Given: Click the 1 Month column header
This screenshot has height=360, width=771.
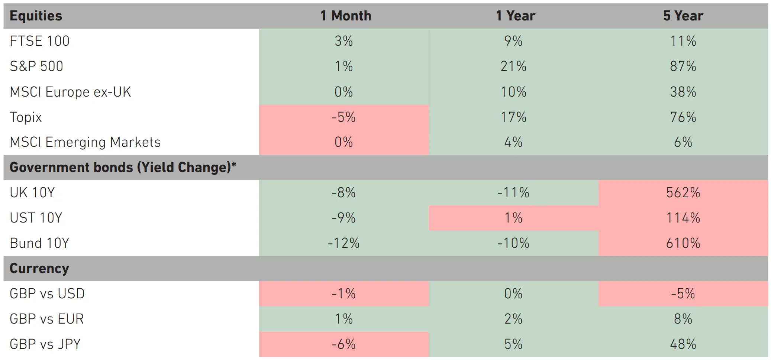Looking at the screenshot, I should click(346, 16).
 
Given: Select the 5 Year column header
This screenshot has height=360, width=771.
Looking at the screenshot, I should click(683, 16).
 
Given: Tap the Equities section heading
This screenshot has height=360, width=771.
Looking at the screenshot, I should click(36, 16).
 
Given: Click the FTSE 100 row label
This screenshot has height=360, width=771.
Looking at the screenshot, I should click(40, 41).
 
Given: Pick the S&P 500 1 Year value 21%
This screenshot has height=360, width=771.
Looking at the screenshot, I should click(513, 67).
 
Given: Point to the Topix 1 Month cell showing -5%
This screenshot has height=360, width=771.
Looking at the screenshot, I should click(343, 117).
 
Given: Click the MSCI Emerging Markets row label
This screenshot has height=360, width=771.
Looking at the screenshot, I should click(85, 142).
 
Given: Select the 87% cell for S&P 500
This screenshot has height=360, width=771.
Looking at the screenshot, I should click(683, 67).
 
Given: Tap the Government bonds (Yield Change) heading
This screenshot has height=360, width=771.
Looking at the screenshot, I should click(123, 168).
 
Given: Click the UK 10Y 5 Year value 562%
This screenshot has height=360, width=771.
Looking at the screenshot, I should click(683, 193).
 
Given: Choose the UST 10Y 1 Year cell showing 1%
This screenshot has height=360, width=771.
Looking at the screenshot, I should click(513, 218).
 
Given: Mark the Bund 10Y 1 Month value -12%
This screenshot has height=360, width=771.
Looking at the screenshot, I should click(343, 243).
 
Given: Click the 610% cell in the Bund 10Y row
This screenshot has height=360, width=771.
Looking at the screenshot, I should click(683, 243).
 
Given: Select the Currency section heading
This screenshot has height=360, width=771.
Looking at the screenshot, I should click(39, 269).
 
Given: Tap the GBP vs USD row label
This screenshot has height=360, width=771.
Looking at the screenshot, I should click(47, 294).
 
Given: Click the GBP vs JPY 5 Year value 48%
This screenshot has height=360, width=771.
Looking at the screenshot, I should click(683, 344).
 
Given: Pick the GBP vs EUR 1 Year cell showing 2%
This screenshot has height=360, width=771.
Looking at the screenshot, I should click(513, 319).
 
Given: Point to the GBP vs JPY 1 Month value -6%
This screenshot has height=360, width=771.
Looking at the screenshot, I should click(343, 344).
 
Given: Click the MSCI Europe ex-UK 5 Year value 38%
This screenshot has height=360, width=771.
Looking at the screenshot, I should click(683, 92).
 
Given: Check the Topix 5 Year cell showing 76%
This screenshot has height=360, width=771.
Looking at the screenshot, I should click(683, 117).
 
